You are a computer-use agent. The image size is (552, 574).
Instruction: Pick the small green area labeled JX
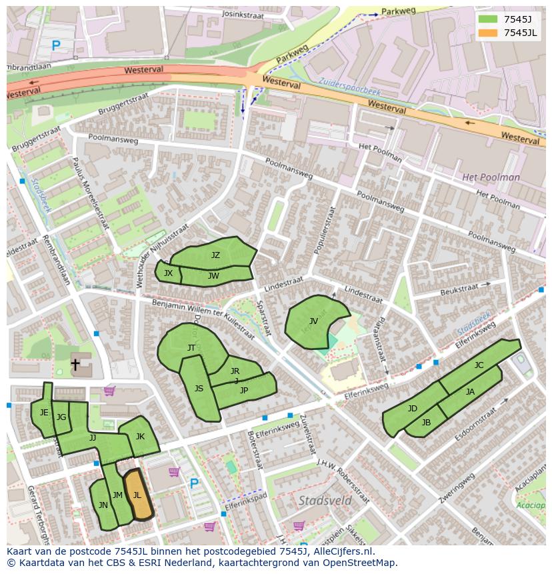(x=168, y=273)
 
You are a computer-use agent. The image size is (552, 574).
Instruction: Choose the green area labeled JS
(x=200, y=390)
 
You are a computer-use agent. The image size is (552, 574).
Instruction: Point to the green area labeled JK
(x=139, y=437)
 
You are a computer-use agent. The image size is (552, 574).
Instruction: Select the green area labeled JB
(x=426, y=423)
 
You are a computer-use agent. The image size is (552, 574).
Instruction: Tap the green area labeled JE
(x=43, y=413)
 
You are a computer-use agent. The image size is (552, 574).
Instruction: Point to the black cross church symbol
(x=76, y=365)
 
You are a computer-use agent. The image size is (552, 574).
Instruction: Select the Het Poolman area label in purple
(x=491, y=177)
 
